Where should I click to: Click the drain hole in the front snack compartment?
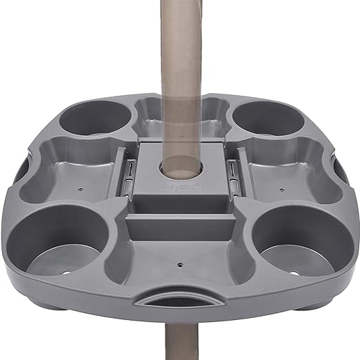[179, 263]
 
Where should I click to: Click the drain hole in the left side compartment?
[81, 187]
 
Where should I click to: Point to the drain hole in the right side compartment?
[279, 186]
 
